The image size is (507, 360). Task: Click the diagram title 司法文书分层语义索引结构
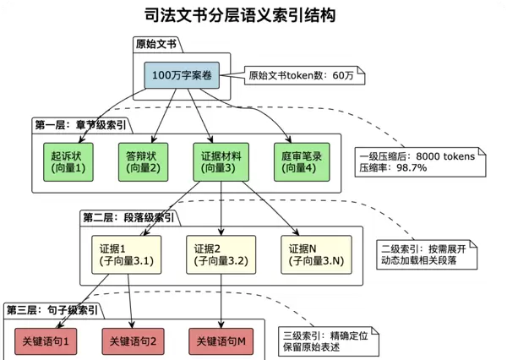tap(253, 15)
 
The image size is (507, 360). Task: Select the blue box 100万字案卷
tap(181, 75)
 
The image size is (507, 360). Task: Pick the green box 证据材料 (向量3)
tap(221, 162)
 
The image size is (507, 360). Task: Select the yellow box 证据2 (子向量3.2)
tap(221, 254)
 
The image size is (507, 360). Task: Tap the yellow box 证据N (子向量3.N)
tap(316, 254)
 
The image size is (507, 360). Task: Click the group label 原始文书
tap(156, 44)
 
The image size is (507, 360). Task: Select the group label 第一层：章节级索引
tap(81, 124)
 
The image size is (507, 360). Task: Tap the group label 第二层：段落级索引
tap(128, 217)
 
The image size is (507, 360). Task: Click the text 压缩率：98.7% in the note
tap(394, 168)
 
